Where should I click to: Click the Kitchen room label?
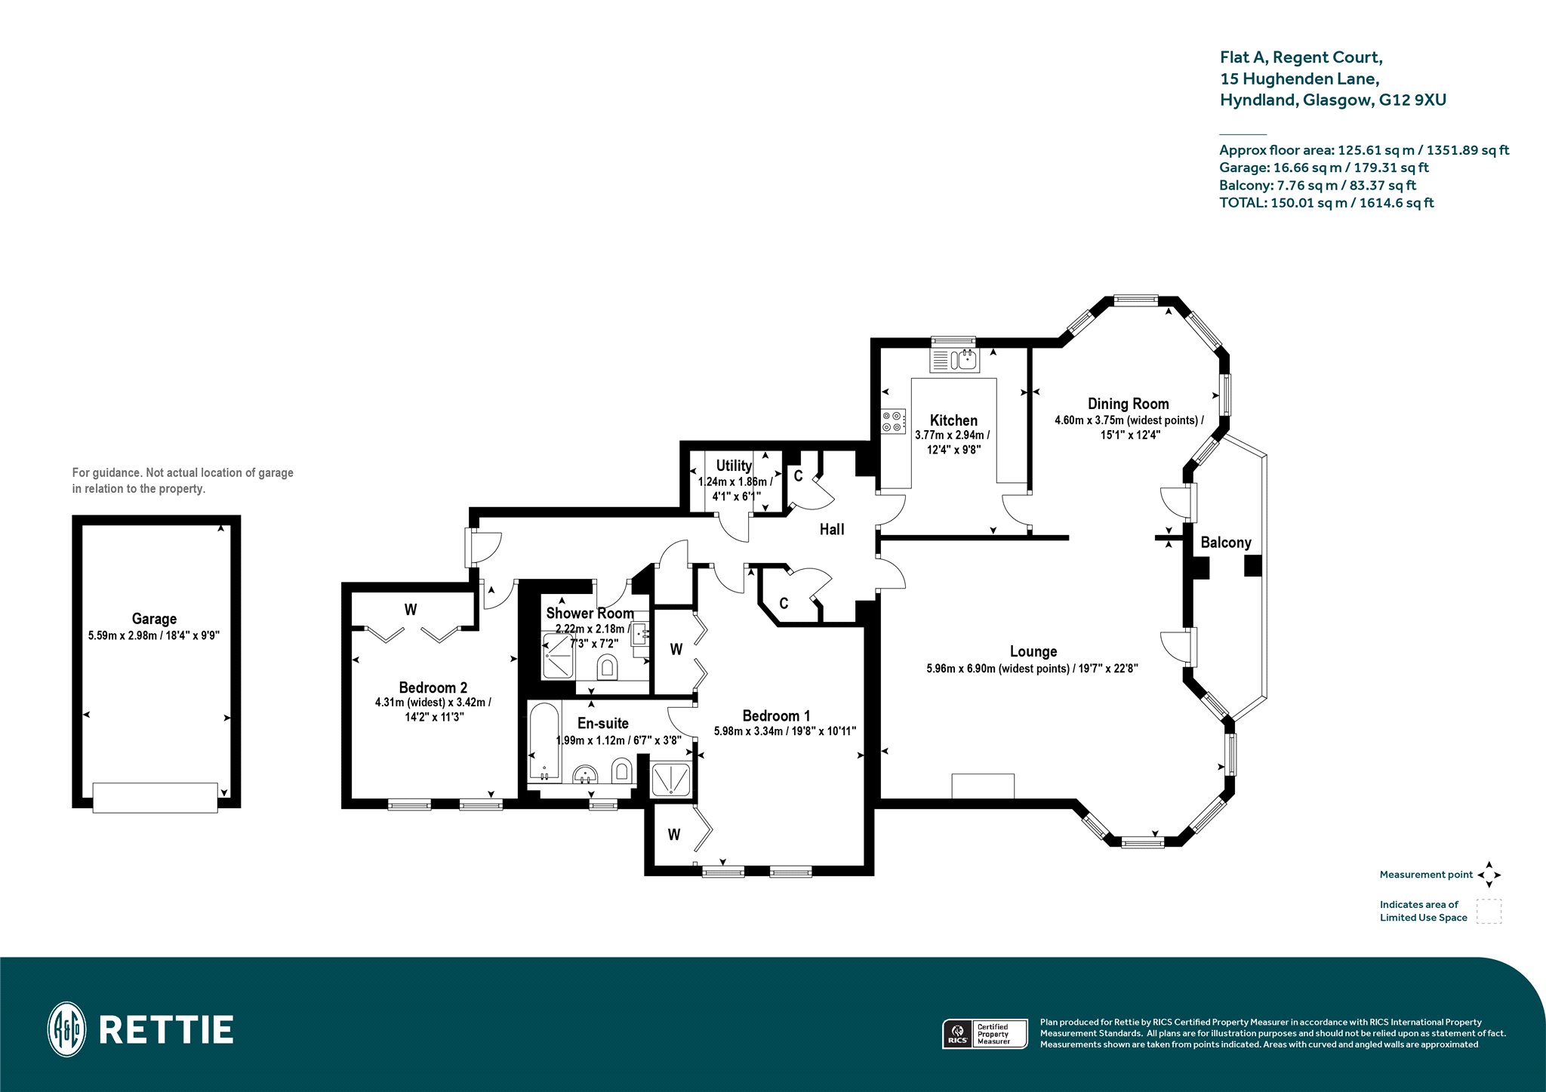(953, 420)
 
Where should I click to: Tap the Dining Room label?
(1128, 404)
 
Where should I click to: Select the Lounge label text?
(1033, 651)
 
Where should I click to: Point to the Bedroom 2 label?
(433, 687)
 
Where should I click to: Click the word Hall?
(832, 530)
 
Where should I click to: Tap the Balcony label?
(1226, 543)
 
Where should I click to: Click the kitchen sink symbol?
(954, 360)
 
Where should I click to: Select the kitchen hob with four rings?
(893, 421)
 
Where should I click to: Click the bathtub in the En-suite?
(544, 742)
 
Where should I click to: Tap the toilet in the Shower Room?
(608, 667)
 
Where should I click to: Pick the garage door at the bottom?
(155, 797)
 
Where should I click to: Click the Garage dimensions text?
(154, 635)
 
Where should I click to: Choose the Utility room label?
(734, 466)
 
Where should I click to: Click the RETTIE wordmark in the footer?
(166, 1030)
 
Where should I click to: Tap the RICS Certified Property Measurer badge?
(985, 1034)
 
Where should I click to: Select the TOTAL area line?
(1326, 202)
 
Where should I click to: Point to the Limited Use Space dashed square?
(1489, 911)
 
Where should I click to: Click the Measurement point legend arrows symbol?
(1489, 875)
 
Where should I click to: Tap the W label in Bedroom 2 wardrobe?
(411, 610)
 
